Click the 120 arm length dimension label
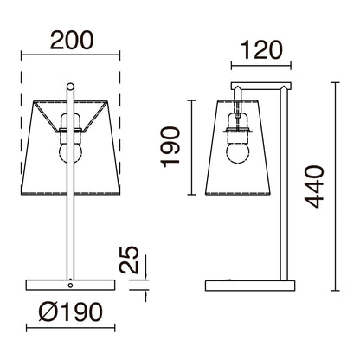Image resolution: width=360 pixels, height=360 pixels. point(261,49)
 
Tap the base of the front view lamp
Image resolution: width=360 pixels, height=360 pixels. point(69,285)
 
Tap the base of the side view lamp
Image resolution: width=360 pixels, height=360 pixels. point(247,285)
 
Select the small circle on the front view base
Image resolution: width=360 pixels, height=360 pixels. point(69,284)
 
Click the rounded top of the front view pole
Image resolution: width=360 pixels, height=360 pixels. point(69,84)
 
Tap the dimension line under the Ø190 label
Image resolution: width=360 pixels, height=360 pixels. point(69,328)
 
